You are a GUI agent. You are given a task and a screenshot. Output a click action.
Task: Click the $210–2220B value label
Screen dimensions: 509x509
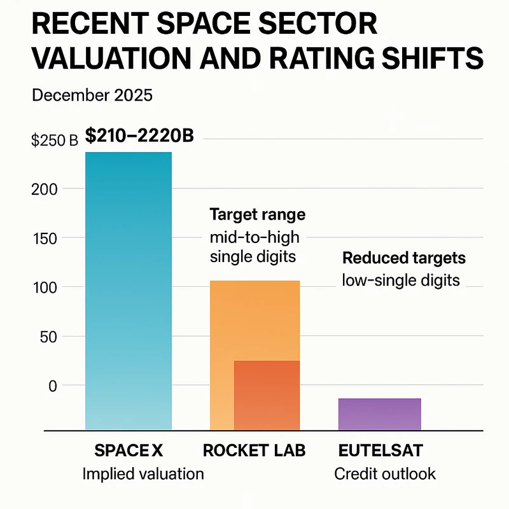click(x=139, y=136)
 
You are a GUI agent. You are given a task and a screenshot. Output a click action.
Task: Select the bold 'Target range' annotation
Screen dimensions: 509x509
click(x=258, y=214)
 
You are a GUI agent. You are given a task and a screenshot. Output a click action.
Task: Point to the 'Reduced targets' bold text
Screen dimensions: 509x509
click(x=404, y=258)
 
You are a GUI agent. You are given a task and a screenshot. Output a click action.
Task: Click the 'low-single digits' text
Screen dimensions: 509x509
click(x=401, y=280)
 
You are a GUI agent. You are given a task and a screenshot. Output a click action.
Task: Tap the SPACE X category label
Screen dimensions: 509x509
click(x=129, y=450)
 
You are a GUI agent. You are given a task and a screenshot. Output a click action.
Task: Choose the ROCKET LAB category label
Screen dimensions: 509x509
click(x=254, y=450)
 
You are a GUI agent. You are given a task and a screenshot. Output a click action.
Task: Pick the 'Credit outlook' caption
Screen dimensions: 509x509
click(x=385, y=474)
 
